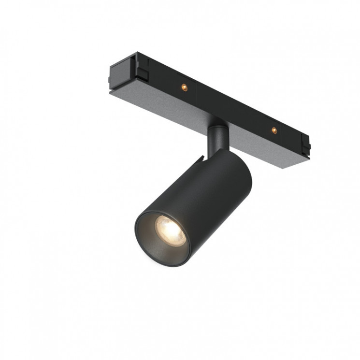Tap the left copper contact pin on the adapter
click(183, 87)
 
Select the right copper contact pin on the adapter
click(274, 130)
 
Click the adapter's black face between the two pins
click(227, 108)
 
